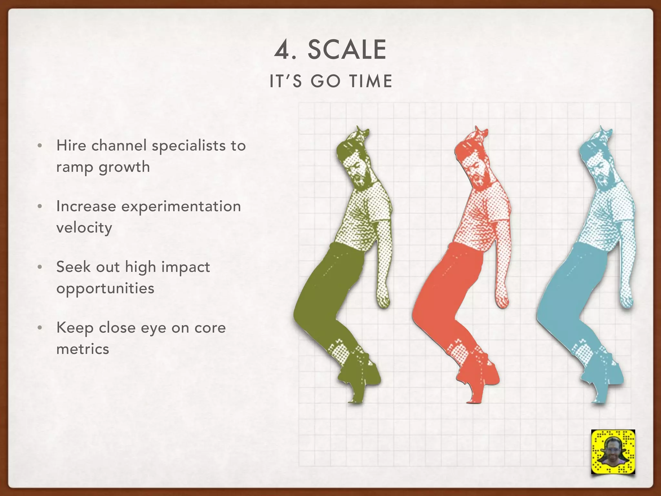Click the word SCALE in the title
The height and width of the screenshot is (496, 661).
coord(347,50)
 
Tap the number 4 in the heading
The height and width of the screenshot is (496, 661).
coord(282,51)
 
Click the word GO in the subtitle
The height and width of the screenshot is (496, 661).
coord(325,81)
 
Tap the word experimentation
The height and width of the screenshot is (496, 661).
coord(181,207)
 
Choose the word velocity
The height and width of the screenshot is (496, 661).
coord(84,228)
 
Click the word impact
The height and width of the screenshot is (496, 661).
coord(186,267)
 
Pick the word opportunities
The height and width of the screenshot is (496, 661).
coord(105,288)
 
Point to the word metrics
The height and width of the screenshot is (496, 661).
coord(83,349)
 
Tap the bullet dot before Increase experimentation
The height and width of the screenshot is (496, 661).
coord(40,206)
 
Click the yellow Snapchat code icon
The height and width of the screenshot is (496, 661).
coord(613,451)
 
